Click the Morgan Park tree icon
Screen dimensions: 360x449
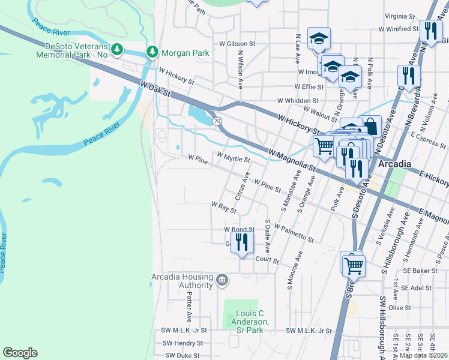click(x=153, y=52)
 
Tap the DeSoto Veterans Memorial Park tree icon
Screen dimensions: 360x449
click(x=118, y=49)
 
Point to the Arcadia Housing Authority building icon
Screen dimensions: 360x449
click(x=222, y=280)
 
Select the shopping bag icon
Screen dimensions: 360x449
click(x=371, y=126)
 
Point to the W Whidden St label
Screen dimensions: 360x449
click(x=297, y=101)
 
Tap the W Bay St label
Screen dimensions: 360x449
click(x=223, y=207)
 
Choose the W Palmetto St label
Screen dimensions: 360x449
click(x=294, y=233)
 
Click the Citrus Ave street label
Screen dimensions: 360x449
click(x=243, y=186)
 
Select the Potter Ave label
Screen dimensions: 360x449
click(x=188, y=307)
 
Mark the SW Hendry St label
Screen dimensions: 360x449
click(x=182, y=343)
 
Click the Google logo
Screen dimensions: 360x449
click(x=20, y=353)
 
